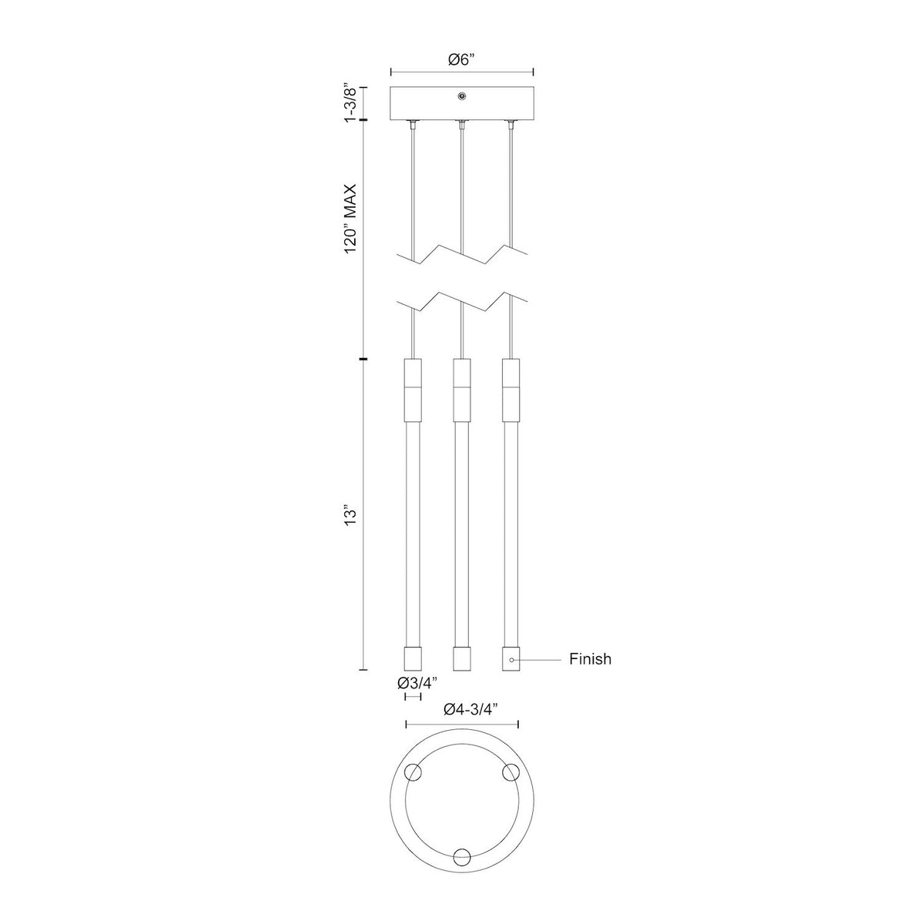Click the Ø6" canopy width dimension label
tap(461, 59)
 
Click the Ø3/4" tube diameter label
tap(417, 682)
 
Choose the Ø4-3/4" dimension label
tap(471, 721)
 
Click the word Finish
tap(590, 659)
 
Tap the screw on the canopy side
tap(461, 96)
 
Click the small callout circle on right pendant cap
tap(511, 660)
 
